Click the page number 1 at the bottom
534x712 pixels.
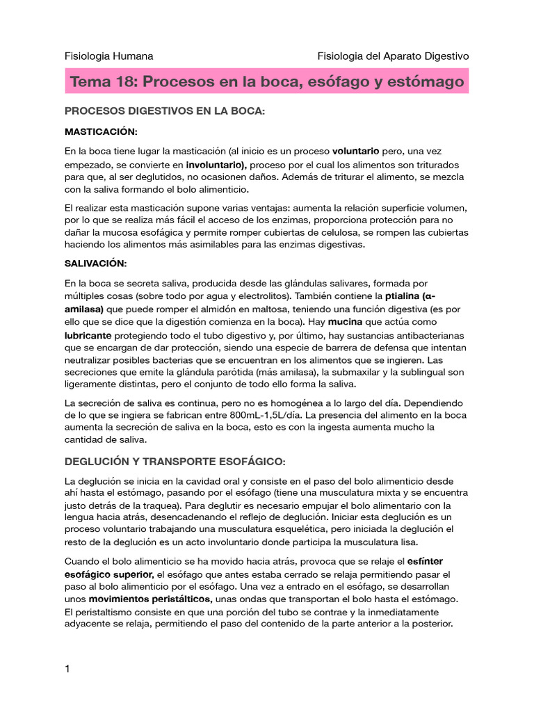click(x=67, y=669)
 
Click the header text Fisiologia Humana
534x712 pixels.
click(x=108, y=56)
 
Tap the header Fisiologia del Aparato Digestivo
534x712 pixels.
click(x=393, y=56)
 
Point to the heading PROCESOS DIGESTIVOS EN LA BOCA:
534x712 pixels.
click(x=165, y=111)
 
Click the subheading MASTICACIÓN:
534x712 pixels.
click(x=101, y=131)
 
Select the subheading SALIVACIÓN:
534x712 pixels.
click(x=96, y=264)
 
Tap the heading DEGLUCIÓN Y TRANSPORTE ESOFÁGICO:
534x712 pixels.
click(x=175, y=462)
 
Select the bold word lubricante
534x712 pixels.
click(x=94, y=335)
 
